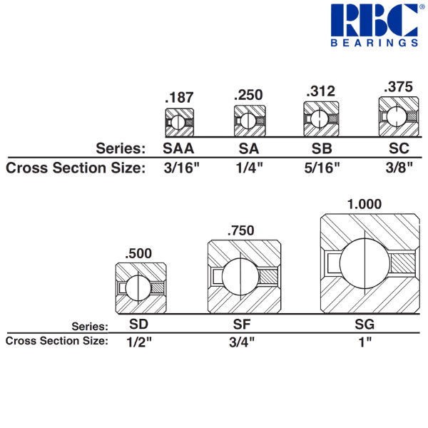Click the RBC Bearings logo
click(x=374, y=25)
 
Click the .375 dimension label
click(x=397, y=88)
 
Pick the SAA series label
click(x=178, y=148)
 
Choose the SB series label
click(x=321, y=148)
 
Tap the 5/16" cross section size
click(x=321, y=168)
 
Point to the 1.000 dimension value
click(x=366, y=205)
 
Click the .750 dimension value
click(x=242, y=230)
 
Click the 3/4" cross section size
click(x=242, y=341)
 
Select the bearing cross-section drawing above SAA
click(x=179, y=121)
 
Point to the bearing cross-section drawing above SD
click(x=141, y=288)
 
